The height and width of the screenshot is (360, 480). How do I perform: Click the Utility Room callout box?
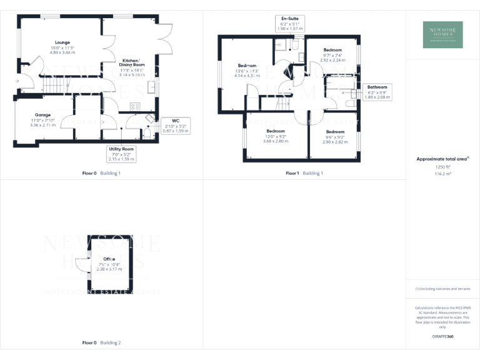121,154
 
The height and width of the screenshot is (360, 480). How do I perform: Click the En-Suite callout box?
289,24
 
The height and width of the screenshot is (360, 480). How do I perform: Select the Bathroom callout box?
377,92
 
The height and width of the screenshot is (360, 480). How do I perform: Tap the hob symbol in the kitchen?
135,106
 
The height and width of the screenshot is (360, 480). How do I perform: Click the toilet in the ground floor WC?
146,132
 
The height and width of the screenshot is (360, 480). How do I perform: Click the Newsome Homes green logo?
442,35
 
